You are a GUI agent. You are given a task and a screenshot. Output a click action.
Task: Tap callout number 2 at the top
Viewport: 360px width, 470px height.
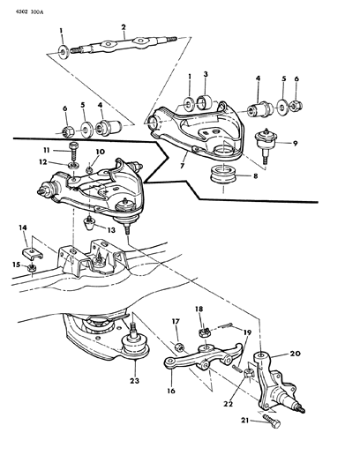[x=124, y=26]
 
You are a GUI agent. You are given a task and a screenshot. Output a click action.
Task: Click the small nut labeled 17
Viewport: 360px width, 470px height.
[x=177, y=344]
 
